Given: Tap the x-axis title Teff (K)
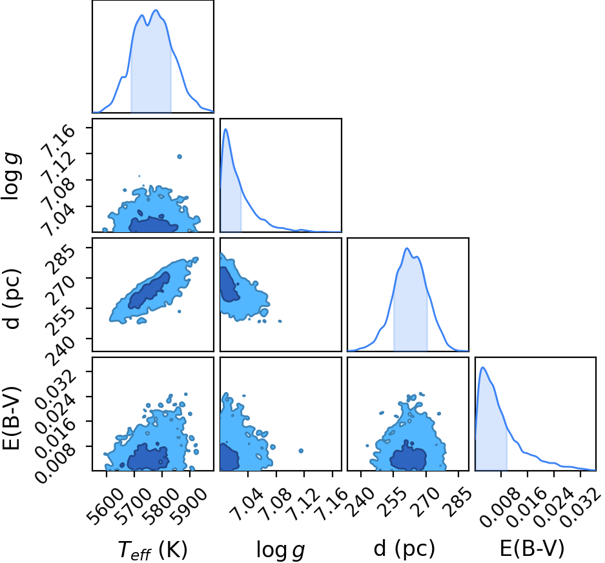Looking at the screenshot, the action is click(152, 549).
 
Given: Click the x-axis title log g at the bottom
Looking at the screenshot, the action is click(280, 550).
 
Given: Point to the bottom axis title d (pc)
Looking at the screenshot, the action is click(404, 549).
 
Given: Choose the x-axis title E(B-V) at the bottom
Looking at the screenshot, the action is click(531, 548).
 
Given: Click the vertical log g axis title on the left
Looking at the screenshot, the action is click(11, 175).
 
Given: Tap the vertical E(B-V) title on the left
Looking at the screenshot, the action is click(11, 417).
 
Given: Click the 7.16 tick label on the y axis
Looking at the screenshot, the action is click(59, 142).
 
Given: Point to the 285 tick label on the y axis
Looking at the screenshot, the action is click(60, 261).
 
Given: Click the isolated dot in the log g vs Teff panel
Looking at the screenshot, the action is click(179, 157).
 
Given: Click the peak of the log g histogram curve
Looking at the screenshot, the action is click(226, 129).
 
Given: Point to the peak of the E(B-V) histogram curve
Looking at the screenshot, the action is click(483, 367).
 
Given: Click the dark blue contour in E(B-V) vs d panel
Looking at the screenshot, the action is click(408, 457).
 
